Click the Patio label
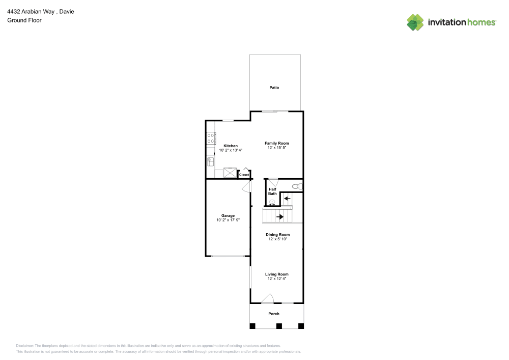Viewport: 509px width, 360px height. tap(274, 88)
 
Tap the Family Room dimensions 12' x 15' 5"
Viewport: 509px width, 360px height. tap(276, 148)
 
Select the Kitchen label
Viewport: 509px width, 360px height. tap(231, 146)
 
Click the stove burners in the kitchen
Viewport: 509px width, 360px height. tap(211, 138)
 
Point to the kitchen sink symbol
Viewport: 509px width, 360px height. tap(210, 161)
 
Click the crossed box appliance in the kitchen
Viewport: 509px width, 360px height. tap(230, 173)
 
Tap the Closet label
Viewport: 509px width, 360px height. tap(244, 175)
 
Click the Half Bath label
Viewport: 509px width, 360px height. tap(272, 191)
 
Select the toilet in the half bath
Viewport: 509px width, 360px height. tap(297, 186)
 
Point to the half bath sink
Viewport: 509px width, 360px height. tap(272, 202)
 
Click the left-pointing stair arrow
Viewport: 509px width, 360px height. tap(287, 199)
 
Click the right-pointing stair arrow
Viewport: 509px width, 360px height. tap(279, 216)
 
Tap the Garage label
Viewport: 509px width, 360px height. tap(228, 215)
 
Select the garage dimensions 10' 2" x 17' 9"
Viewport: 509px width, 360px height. tap(228, 220)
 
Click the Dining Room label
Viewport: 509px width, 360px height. tap(277, 235)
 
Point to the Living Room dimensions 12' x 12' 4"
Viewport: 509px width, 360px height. tap(276, 279)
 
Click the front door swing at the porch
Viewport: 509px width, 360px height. tap(268, 299)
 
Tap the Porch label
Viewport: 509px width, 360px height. tap(274, 314)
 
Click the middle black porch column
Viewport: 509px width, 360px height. tap(279, 326)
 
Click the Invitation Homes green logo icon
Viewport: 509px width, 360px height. tap(415, 22)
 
